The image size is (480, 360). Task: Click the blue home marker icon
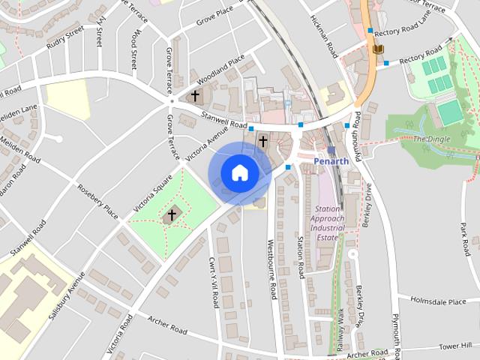(239, 172)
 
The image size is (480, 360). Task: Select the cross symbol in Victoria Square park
(172, 215)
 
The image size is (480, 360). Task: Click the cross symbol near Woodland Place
(195, 96)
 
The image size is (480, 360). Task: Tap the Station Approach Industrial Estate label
(328, 223)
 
